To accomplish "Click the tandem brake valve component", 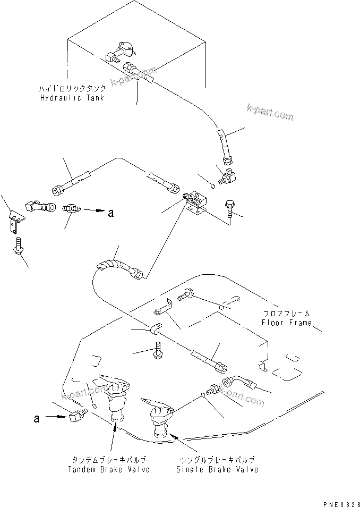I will click(x=115, y=396).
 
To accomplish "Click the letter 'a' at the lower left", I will click(x=36, y=418).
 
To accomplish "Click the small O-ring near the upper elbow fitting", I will click(x=211, y=185).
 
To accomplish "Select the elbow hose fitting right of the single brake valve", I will click(x=238, y=383).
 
